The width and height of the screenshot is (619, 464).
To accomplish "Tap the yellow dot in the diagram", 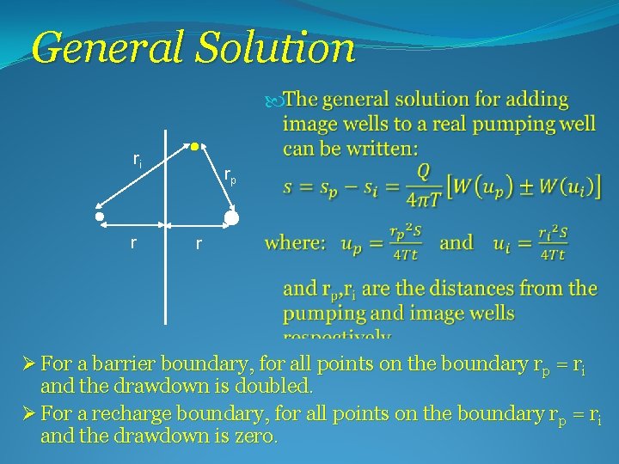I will (195, 145).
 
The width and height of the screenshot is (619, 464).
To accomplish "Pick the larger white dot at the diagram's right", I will (231, 217).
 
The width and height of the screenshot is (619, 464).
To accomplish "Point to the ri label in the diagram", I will (138, 159).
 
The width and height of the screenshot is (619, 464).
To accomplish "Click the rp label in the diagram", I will (230, 176).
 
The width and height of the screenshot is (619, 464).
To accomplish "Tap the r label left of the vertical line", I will (132, 243).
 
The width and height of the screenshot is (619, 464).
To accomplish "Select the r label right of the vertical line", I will (198, 244).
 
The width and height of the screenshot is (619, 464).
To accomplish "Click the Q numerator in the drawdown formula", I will (424, 171).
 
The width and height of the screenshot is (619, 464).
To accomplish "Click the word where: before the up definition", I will (296, 242).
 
